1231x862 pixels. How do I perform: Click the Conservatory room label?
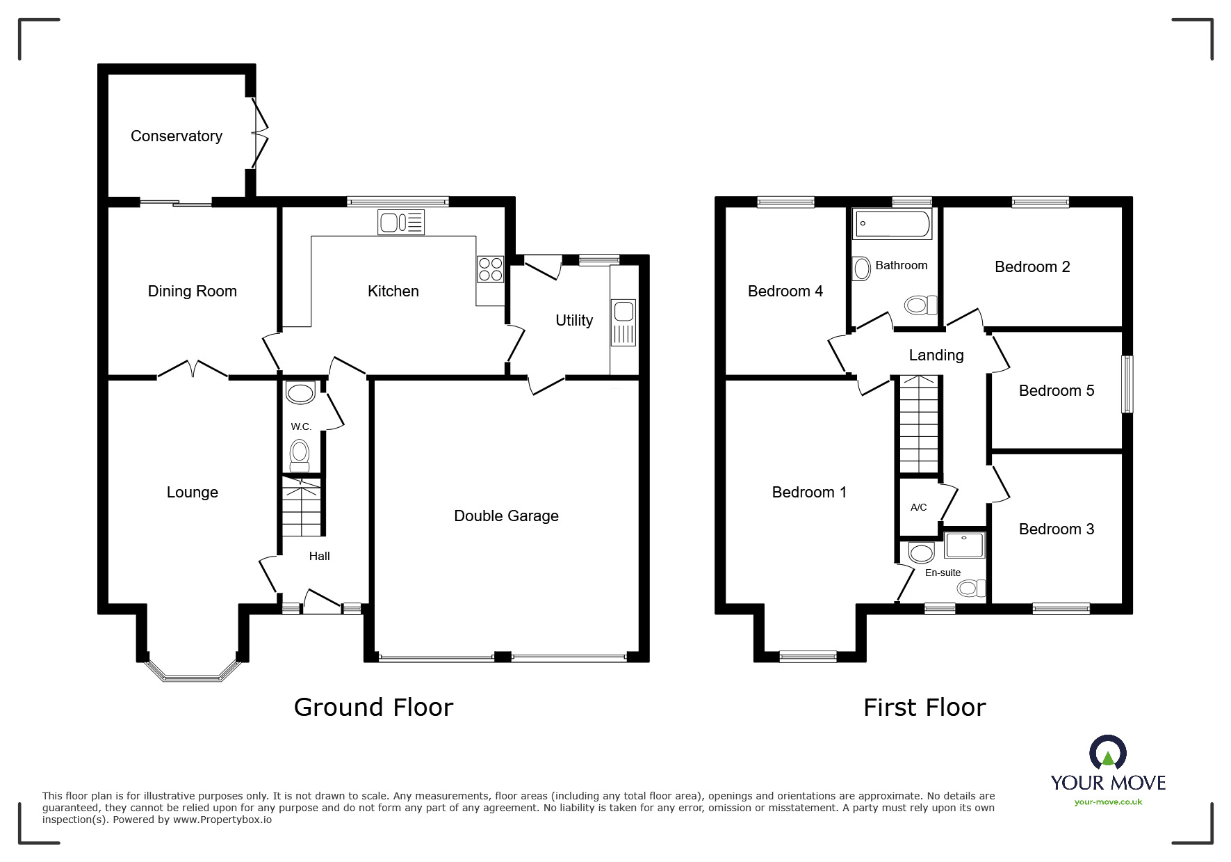coord(177,136)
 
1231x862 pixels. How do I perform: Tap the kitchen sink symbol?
coord(401,223)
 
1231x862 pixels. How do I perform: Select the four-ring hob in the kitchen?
coord(490,269)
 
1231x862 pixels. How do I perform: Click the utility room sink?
coord(623,322)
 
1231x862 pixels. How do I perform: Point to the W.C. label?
coord(301,426)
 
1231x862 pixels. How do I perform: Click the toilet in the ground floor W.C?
coord(300,454)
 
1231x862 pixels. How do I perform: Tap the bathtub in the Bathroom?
coord(892,224)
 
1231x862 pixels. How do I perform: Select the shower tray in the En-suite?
coord(965,545)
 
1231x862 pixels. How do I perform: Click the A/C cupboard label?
coord(918,507)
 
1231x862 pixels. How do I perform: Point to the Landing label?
coord(936,356)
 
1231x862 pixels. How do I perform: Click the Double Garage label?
coord(506,516)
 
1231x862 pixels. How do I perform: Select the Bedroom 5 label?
coord(1056,391)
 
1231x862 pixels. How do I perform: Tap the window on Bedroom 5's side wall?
coord(1128,385)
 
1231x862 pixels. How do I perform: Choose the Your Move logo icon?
coord(1107,753)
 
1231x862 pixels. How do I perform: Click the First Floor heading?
coord(924,708)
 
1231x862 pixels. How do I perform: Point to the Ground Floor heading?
coord(373,708)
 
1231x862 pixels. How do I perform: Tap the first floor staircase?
coord(919,424)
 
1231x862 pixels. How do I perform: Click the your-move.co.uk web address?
coord(1108,802)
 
